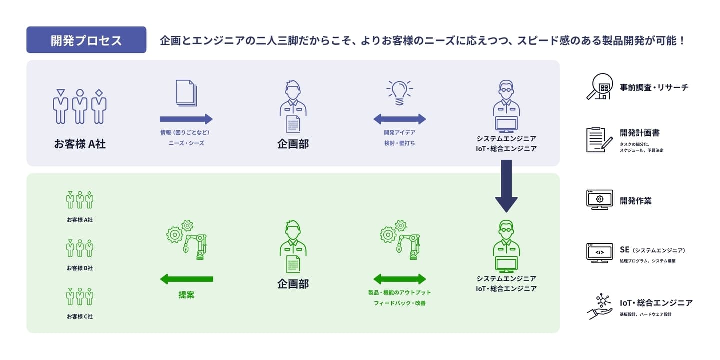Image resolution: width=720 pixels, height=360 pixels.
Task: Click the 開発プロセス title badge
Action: (86, 40)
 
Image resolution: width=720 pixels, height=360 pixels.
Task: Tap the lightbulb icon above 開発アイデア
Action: (399, 92)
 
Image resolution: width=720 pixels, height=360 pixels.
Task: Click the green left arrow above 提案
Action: (186, 279)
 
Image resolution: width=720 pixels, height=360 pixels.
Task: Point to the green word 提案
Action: (186, 295)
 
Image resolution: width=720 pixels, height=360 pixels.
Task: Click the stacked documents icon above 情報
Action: (186, 93)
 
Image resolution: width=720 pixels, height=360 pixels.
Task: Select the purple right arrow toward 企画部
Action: (186, 119)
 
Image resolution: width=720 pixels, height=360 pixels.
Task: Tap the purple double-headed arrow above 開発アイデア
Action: (399, 119)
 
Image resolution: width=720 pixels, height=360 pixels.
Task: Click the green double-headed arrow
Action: (399, 279)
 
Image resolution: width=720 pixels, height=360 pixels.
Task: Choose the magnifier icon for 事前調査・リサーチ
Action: (599, 87)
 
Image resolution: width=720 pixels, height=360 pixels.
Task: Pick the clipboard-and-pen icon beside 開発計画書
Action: (599, 140)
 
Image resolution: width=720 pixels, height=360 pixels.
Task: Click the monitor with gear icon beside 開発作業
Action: (599, 200)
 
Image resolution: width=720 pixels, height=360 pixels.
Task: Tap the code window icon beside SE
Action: (599, 253)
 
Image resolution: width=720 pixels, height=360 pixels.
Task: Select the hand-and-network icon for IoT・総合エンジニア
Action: (599, 306)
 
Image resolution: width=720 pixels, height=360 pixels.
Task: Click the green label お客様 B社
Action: (80, 268)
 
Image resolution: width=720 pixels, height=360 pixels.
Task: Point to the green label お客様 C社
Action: (80, 316)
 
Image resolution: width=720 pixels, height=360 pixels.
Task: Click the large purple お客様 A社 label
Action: (80, 144)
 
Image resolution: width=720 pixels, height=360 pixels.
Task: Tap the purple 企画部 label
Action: (293, 144)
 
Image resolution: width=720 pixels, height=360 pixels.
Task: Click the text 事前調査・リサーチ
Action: (654, 87)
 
